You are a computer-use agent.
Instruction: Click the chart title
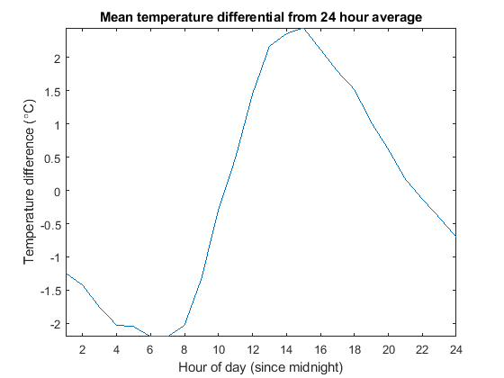click(x=261, y=17)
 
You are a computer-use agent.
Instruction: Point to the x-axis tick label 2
click(x=83, y=350)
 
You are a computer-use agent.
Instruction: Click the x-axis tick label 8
click(x=184, y=350)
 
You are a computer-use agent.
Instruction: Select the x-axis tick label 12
click(x=252, y=350)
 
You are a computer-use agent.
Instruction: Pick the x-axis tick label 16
click(x=320, y=350)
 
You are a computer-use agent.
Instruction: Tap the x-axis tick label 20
click(x=388, y=350)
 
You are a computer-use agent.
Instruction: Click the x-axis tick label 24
click(x=455, y=350)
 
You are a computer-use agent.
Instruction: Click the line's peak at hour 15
click(x=303, y=28)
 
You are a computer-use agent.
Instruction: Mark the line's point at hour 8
click(x=184, y=325)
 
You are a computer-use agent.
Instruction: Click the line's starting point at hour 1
click(x=66, y=274)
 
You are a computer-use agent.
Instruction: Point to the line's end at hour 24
click(x=455, y=236)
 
